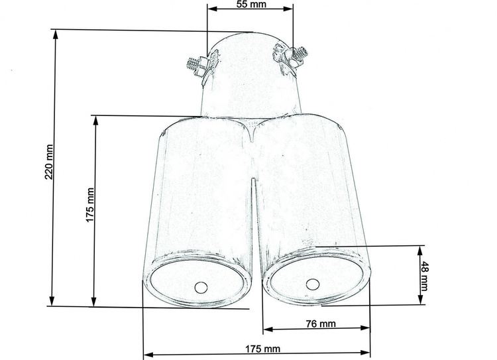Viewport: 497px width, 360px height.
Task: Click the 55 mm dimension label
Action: [251, 4]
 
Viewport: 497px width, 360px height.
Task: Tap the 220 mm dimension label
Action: [49, 162]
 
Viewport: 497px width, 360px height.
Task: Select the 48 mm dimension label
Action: [424, 276]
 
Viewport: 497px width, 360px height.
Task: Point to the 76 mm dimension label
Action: [321, 324]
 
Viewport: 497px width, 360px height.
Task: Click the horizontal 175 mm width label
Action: [263, 349]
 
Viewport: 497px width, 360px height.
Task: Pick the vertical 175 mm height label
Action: [90, 205]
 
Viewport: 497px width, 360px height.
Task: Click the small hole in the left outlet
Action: [201, 287]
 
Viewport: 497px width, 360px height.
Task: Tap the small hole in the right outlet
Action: [313, 284]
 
